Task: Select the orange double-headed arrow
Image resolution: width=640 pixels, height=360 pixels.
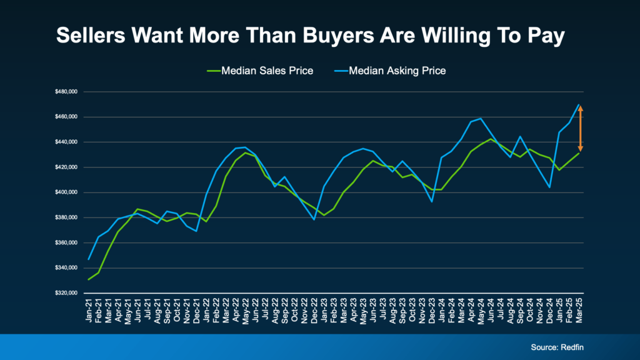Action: pyautogui.click(x=580, y=128)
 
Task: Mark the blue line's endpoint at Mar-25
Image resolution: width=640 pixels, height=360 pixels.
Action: pyautogui.click(x=579, y=104)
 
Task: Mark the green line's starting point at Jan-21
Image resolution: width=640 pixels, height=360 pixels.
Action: pyautogui.click(x=88, y=279)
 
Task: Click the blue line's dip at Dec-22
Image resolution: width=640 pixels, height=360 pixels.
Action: pyautogui.click(x=314, y=219)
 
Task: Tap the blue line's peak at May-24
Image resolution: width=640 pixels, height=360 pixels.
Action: pyautogui.click(x=481, y=118)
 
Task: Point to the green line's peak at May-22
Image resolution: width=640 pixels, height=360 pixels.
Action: pyautogui.click(x=246, y=152)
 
